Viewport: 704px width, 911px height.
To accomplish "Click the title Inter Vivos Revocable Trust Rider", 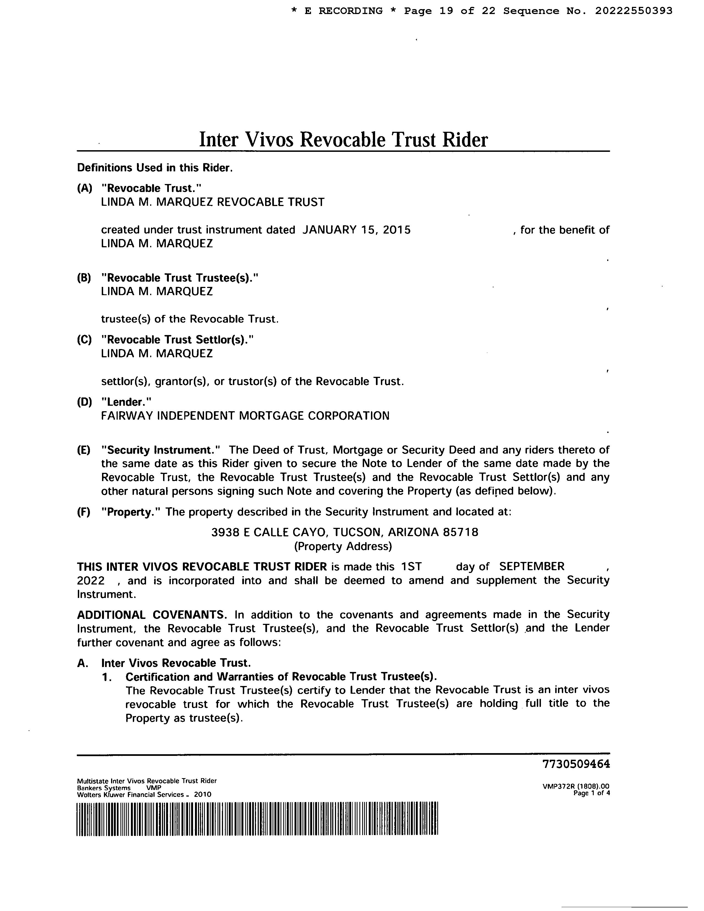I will [343, 140].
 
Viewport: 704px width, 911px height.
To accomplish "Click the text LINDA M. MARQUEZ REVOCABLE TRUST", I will [213, 202].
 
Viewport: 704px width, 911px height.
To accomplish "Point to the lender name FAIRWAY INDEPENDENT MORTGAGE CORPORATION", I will [245, 416].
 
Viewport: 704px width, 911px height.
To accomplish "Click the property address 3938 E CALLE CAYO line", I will [345, 532].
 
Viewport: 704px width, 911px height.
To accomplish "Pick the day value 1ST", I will [411, 566].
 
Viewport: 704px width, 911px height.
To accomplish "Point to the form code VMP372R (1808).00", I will [576, 787].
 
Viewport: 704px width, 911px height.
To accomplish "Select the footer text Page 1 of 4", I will [592, 793].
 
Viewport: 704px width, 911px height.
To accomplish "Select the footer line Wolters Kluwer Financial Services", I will [144, 795].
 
